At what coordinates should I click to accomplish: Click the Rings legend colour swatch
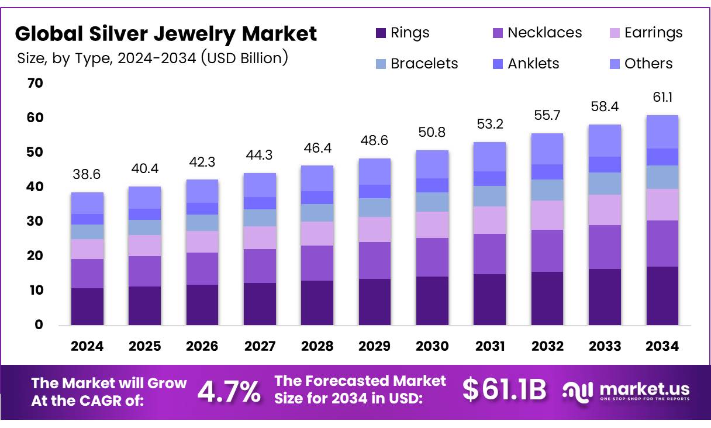coord(381,33)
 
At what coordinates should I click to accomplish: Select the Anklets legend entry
coord(533,64)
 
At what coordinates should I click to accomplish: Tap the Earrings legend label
coord(653,33)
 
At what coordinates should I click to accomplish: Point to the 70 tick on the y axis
coord(35,84)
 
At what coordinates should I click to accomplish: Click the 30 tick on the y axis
coord(35,222)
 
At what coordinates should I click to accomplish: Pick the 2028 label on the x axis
coord(317,346)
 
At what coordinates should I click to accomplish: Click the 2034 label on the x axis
coord(662,346)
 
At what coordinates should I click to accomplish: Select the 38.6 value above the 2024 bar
coord(87,174)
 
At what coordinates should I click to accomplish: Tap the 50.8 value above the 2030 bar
coord(432,132)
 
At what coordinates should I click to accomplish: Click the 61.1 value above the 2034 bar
coord(662,97)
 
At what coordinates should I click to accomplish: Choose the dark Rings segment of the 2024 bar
coord(87,306)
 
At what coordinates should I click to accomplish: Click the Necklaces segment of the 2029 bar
coord(375,260)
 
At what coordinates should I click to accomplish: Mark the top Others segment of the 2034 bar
coord(662,132)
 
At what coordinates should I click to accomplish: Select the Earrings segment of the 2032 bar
coord(547,215)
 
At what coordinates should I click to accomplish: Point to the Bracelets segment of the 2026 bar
coord(202,223)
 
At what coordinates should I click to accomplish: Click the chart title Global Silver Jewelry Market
coord(166,34)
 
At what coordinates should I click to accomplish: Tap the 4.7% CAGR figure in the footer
coord(229,391)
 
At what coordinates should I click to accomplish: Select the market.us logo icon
coord(577,391)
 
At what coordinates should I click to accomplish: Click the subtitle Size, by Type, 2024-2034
coord(152,58)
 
